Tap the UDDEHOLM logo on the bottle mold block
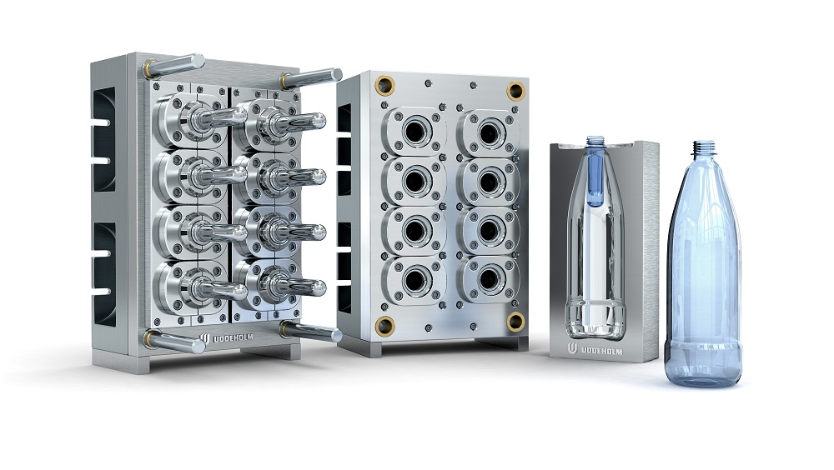click(x=572, y=349)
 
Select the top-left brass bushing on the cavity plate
click(x=384, y=85)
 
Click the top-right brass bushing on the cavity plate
click(x=515, y=90)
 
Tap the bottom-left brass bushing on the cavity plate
click(x=384, y=325)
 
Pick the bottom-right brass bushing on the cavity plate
click(x=515, y=321)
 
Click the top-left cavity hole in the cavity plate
click(x=414, y=132)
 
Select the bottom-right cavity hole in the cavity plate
click(x=488, y=278)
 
